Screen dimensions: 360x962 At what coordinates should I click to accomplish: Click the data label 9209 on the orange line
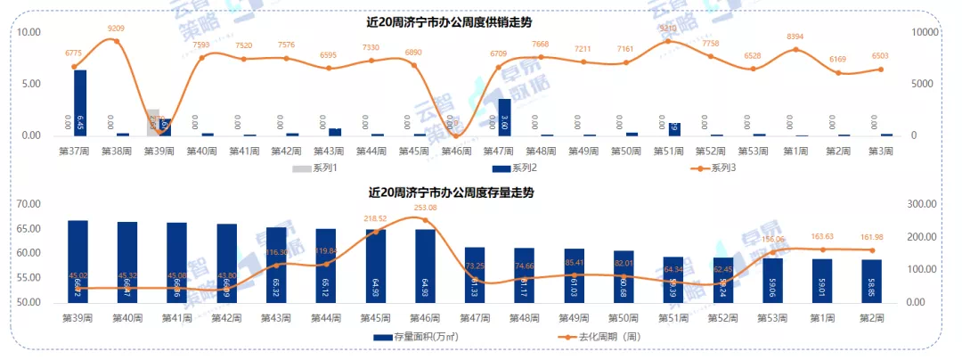[116, 29]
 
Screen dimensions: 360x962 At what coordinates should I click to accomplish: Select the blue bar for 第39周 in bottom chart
[78, 261]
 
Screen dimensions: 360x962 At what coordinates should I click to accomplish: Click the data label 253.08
[426, 209]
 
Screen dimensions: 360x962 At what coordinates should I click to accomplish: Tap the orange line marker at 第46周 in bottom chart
[426, 220]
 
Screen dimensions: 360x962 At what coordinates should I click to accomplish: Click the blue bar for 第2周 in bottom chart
[871, 281]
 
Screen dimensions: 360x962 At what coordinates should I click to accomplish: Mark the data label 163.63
[822, 237]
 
